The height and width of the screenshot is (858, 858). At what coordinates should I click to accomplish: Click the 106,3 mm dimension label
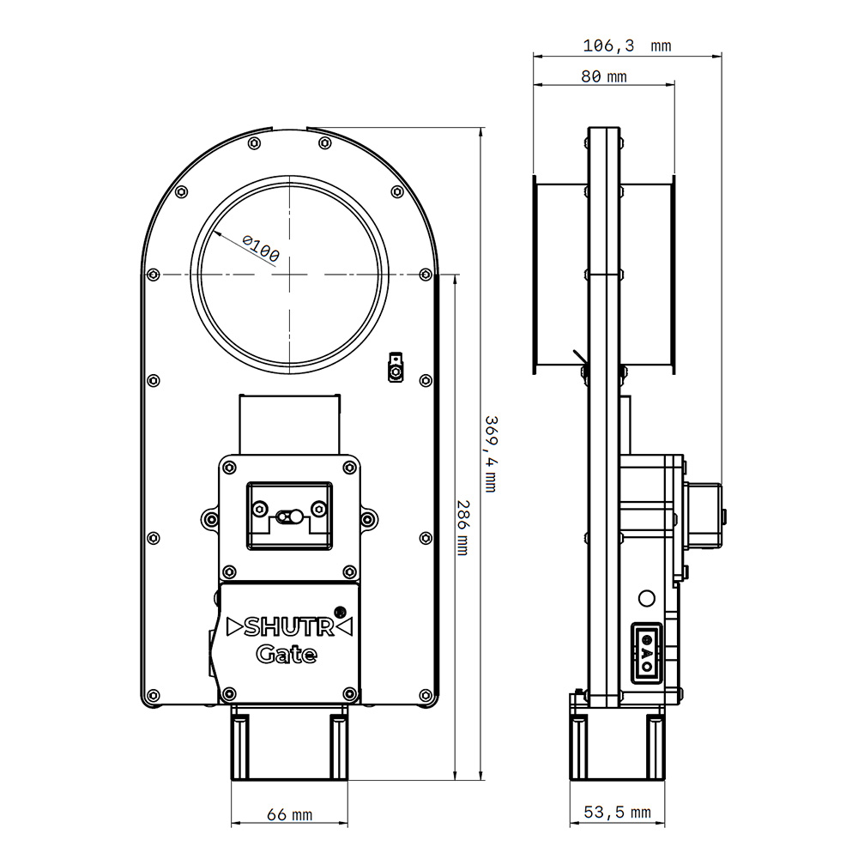[627, 45]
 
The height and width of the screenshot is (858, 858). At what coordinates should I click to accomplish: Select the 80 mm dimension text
[603, 76]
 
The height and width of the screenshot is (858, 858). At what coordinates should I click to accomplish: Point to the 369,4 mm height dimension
[491, 454]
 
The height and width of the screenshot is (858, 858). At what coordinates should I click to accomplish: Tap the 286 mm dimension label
[462, 528]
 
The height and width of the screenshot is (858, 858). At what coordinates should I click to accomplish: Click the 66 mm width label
[289, 815]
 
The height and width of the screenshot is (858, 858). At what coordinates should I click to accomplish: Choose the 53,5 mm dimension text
[617, 813]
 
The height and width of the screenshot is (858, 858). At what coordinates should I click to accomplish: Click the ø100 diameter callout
[261, 249]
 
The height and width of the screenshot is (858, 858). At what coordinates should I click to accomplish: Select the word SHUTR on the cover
[288, 627]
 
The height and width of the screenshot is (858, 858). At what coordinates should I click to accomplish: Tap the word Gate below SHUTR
[287, 655]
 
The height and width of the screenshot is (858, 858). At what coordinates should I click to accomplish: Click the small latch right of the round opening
[395, 366]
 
